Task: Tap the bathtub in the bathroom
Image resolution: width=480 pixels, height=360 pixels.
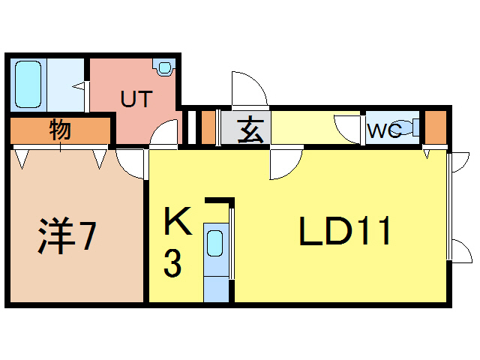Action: (x=27, y=84)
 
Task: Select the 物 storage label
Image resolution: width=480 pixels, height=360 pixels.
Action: (x=61, y=130)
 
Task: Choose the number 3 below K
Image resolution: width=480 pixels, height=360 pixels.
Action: (x=173, y=265)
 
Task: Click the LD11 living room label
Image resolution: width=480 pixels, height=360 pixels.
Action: (x=345, y=232)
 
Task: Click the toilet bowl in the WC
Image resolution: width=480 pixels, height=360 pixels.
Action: (x=406, y=128)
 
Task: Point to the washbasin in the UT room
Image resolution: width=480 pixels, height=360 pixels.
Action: (x=163, y=68)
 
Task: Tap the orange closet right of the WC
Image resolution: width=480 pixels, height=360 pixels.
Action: (x=435, y=128)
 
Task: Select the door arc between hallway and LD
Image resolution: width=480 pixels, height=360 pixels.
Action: (x=283, y=165)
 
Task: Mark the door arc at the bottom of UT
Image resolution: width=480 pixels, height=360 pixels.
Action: (x=163, y=135)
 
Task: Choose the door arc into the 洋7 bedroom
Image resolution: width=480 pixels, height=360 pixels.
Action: (x=130, y=163)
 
